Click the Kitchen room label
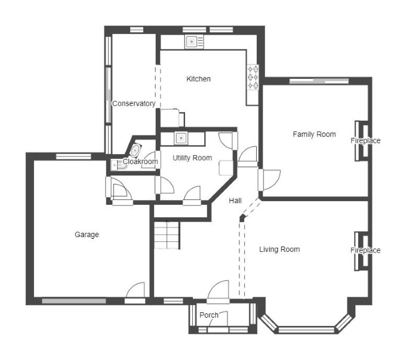(198, 79)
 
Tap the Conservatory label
(134, 104)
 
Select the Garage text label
(87, 235)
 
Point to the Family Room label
(314, 134)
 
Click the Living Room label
(279, 250)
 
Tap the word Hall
(235, 201)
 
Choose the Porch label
(209, 315)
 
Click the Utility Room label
(192, 158)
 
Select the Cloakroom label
(140, 162)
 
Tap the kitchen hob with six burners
(253, 77)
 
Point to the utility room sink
(181, 139)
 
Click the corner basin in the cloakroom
(136, 150)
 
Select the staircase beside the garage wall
(167, 235)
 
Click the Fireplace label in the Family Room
(365, 140)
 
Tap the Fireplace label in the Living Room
(365, 250)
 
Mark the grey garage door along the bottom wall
(74, 301)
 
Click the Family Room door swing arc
(275, 183)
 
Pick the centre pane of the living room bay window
(306, 330)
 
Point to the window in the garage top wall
(73, 156)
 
